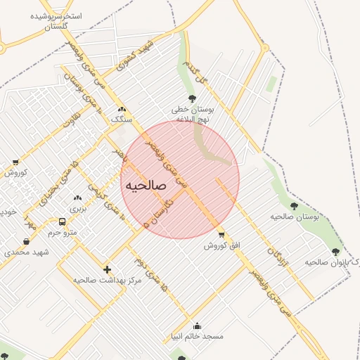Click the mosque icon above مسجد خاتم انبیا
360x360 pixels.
point(197,326)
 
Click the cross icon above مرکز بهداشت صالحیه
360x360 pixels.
point(107,269)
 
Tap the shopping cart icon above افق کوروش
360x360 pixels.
point(222,235)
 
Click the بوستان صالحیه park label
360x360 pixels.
point(295,217)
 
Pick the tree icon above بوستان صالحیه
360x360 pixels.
point(294,206)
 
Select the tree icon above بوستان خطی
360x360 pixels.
point(192,99)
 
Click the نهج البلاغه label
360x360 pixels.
point(193,120)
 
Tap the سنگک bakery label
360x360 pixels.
point(122,120)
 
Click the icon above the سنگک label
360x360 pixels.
point(122,109)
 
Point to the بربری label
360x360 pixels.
point(77,209)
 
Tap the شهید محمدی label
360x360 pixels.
point(26,252)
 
